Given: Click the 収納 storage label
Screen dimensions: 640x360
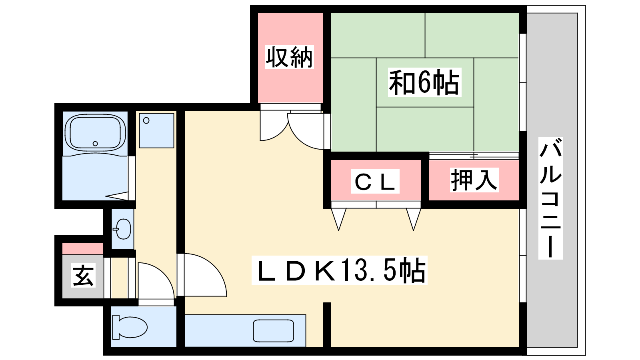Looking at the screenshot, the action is pyautogui.click(x=290, y=57).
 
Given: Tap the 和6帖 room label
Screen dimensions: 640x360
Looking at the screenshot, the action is pyautogui.click(x=424, y=82).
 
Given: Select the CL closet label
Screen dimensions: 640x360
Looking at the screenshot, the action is pyautogui.click(x=375, y=182).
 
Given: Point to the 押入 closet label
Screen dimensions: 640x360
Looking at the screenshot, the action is pyautogui.click(x=474, y=180).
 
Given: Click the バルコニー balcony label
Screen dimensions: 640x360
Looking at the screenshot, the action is pyautogui.click(x=550, y=198).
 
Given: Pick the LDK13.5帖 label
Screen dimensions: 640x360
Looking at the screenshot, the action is pyautogui.click(x=340, y=270).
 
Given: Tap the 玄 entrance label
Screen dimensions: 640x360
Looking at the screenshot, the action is pyautogui.click(x=83, y=276).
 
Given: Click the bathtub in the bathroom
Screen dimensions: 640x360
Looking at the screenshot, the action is pyautogui.click(x=95, y=132).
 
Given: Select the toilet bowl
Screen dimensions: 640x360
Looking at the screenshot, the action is pyautogui.click(x=130, y=327).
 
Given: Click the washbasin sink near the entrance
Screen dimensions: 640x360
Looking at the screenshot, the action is pyautogui.click(x=122, y=229).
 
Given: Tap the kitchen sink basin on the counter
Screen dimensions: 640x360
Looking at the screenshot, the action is pyautogui.click(x=274, y=331).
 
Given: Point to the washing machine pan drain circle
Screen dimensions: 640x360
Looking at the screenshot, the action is pyautogui.click(x=146, y=120).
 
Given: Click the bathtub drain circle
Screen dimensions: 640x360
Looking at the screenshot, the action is pyautogui.click(x=95, y=144).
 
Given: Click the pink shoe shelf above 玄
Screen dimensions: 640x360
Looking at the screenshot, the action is pyautogui.click(x=83, y=248).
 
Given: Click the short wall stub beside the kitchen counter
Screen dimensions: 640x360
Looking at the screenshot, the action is pyautogui.click(x=327, y=325).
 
